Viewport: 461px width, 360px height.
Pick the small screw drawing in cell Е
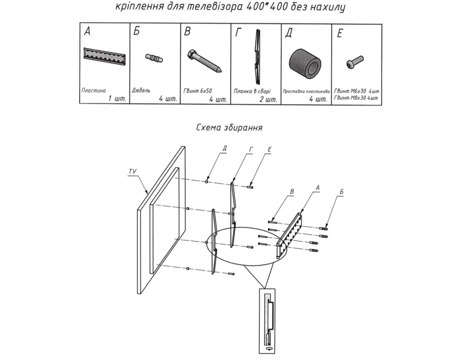[x=355, y=61]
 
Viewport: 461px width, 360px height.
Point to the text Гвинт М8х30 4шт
[x=356, y=98]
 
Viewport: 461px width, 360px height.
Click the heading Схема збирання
[x=230, y=127]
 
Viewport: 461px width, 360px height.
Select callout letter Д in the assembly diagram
[x=225, y=148]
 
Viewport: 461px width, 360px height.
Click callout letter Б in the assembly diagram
[x=342, y=192]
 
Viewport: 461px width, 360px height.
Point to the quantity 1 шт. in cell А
[x=117, y=99]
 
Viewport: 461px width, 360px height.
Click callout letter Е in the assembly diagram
[x=269, y=148]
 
